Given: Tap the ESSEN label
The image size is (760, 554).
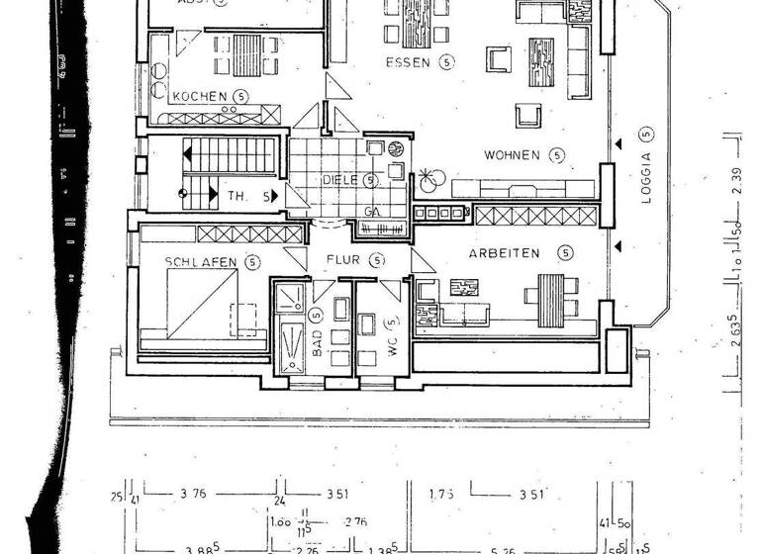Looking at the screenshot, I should pyautogui.click(x=408, y=61).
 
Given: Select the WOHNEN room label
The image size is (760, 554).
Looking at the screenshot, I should pyautogui.click(x=511, y=154).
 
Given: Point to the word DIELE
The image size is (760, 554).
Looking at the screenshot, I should pyautogui.click(x=339, y=180).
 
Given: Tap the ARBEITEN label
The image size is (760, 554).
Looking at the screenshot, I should pyautogui.click(x=505, y=253).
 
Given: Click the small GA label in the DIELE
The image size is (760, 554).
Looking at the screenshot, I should pyautogui.click(x=371, y=212).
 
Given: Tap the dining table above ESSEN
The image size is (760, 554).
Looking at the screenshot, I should pyautogui.click(x=420, y=23).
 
